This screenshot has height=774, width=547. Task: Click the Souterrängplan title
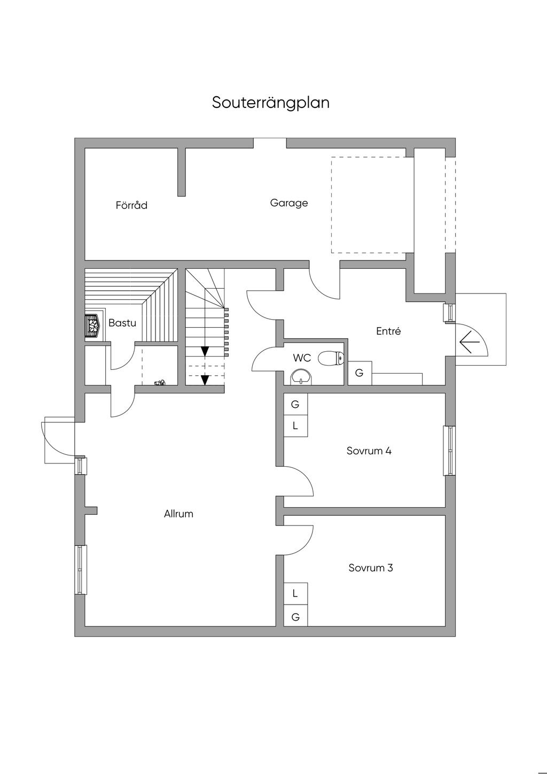pos(271,103)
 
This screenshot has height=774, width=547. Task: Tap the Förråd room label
pos(131,205)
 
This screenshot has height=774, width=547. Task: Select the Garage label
pos(289,203)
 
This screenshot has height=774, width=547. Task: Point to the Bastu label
pos(122,323)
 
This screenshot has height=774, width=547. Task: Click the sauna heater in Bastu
pos(93,326)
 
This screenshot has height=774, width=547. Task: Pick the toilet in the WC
pos(331,358)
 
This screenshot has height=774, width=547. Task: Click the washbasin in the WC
pos(302,377)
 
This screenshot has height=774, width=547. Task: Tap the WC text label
pos(302,358)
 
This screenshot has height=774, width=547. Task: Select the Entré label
pos(388,331)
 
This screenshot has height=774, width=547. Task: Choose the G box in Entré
pos(360,373)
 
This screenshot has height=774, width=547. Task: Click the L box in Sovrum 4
pos(295,426)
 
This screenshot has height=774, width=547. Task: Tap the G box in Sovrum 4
pos(295,405)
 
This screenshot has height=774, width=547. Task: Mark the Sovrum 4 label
pos(369,451)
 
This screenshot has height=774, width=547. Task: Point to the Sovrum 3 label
pos(371,568)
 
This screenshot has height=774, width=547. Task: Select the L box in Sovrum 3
pos(295,593)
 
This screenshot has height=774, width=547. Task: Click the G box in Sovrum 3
pos(295,616)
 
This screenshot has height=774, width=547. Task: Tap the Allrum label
pos(178,514)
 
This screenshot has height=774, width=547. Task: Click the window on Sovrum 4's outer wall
pos(450,451)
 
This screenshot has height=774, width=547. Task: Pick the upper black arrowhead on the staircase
pos(205,351)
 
